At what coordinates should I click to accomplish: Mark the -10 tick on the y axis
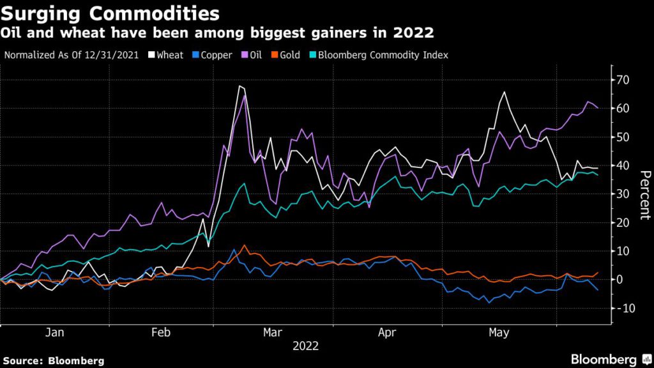624,308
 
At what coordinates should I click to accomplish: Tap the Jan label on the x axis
55,333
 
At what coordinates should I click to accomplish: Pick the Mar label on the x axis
273,333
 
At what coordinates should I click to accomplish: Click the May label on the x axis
498,333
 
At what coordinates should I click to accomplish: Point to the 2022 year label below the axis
305,346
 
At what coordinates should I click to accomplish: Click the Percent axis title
644,194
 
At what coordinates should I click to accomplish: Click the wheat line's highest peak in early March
240,86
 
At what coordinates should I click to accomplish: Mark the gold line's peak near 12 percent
245,245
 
